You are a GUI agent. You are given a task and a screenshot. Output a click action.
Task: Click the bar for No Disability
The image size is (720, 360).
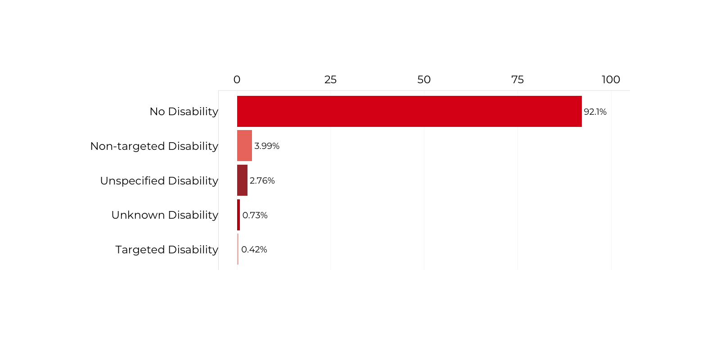pyautogui.click(x=409, y=111)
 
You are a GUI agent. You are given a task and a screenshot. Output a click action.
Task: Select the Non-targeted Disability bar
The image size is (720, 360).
pyautogui.click(x=244, y=146)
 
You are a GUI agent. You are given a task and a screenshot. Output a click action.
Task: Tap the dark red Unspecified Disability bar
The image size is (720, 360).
pyautogui.click(x=242, y=180)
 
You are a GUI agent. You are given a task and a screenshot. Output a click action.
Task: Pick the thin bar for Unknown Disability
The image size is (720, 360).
pyautogui.click(x=238, y=215)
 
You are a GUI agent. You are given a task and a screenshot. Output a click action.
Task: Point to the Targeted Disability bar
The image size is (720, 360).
pyautogui.click(x=238, y=249)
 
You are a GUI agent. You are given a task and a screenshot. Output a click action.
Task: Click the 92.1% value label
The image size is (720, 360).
pyautogui.click(x=595, y=112)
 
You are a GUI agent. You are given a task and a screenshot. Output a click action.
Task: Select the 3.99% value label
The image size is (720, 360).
pyautogui.click(x=267, y=146)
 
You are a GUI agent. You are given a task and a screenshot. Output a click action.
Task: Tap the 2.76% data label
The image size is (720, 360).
pyautogui.click(x=262, y=180)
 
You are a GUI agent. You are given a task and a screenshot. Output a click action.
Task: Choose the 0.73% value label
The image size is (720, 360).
pyautogui.click(x=255, y=215)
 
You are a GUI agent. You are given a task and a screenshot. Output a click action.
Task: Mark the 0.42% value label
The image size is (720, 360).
pyautogui.click(x=254, y=249)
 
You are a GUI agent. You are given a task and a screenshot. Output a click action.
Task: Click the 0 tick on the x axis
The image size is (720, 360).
pyautogui.click(x=237, y=80)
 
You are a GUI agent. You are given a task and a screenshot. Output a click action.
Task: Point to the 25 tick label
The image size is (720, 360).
pyautogui.click(x=330, y=80)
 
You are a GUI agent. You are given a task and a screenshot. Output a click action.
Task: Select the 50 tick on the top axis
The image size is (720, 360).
pyautogui.click(x=424, y=80)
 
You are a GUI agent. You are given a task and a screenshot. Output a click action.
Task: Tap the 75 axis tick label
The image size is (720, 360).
pyautogui.click(x=517, y=80)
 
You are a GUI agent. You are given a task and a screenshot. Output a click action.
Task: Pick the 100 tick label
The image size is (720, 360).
pyautogui.click(x=611, y=80)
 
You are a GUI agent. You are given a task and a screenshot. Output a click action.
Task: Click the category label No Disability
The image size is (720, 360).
pyautogui.click(x=184, y=112)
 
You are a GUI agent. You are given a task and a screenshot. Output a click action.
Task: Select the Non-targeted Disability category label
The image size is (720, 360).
pyautogui.click(x=154, y=146)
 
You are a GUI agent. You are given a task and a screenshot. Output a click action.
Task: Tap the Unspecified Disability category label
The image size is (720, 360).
pyautogui.click(x=159, y=181)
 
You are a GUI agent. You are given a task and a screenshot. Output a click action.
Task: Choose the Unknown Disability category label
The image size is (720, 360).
pyautogui.click(x=165, y=215)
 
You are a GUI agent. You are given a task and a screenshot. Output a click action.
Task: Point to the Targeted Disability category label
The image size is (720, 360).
pyautogui.click(x=166, y=250)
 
